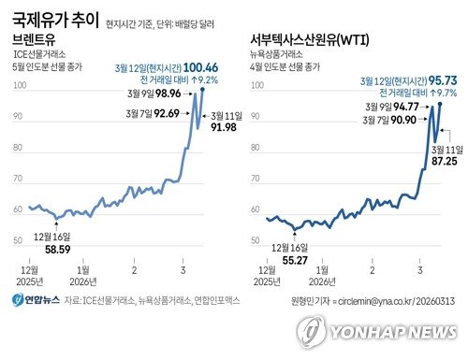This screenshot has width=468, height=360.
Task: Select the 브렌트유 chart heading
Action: (x=35, y=40)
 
